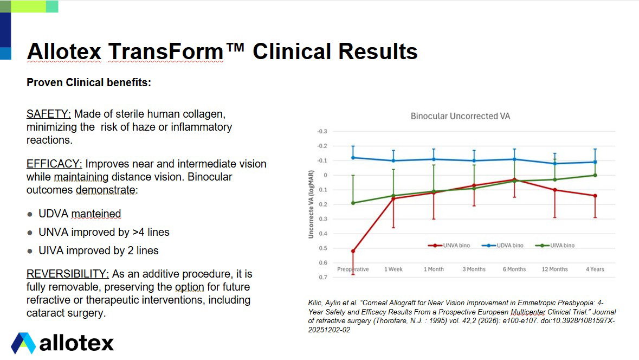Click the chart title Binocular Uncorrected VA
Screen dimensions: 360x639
click(460, 116)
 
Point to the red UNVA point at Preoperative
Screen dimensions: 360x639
click(353, 251)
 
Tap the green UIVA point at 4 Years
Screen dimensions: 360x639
click(595, 175)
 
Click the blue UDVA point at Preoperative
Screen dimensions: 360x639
click(353, 158)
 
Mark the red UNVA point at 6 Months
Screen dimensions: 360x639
click(514, 179)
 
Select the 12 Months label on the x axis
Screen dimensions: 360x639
click(554, 269)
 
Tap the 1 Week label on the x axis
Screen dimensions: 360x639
click(393, 269)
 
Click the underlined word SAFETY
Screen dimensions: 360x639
click(49, 114)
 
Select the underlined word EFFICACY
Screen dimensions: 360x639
click(54, 164)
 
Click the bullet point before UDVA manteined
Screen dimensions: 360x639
click(30, 214)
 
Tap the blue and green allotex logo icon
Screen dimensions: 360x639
click(23, 343)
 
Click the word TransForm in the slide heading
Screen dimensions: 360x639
click(165, 52)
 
